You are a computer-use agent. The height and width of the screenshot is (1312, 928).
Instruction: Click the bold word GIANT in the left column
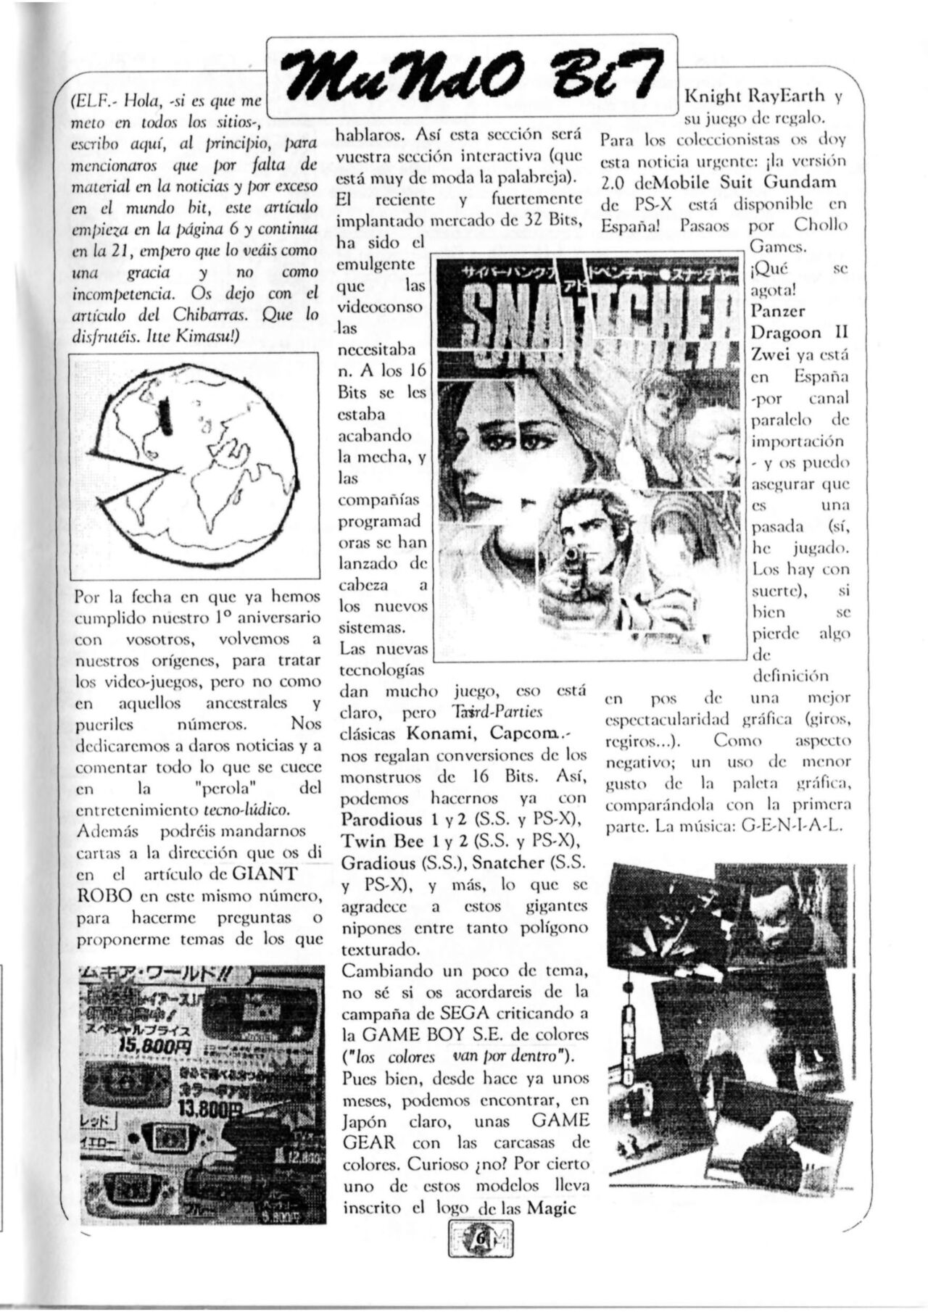pyautogui.click(x=265, y=873)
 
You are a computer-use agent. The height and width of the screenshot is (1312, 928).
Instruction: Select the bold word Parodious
pyautogui.click(x=381, y=820)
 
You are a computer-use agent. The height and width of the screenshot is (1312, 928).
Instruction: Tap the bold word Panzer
pyautogui.click(x=777, y=312)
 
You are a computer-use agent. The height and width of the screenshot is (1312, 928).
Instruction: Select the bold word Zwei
pyautogui.click(x=770, y=355)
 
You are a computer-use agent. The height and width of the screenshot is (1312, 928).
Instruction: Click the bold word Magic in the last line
pyautogui.click(x=552, y=1207)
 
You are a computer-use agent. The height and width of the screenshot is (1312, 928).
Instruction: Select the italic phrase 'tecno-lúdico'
pyautogui.click(x=247, y=808)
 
